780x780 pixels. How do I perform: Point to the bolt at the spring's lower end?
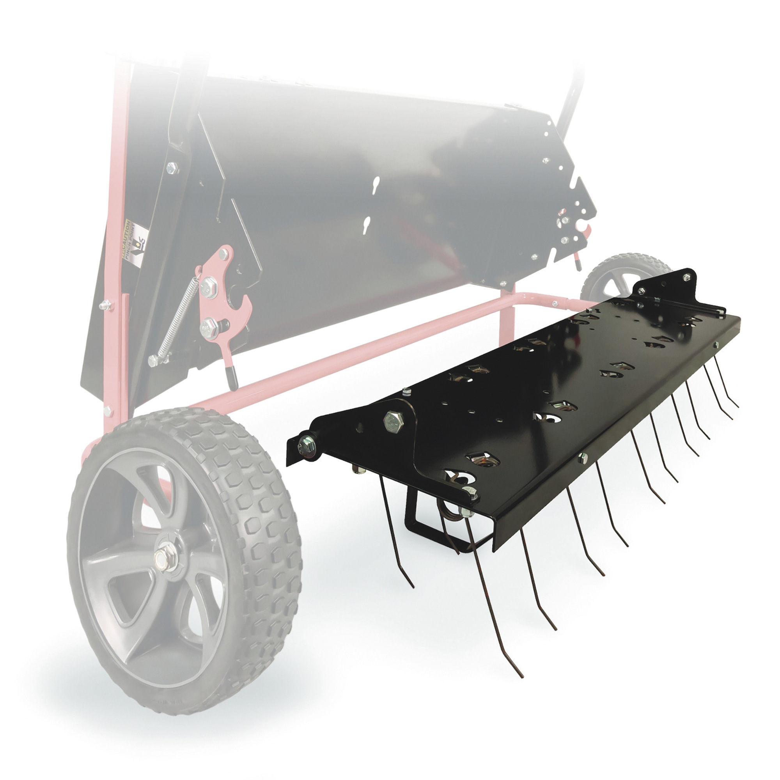click(153, 360)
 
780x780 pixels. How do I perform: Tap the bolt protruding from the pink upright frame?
click(106, 305)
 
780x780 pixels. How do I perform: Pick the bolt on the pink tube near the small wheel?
click(555, 303)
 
